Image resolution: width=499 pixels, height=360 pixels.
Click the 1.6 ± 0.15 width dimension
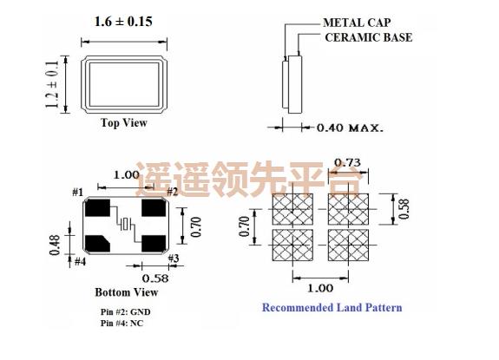click(x=122, y=21)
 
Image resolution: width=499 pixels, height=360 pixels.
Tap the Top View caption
click(x=123, y=123)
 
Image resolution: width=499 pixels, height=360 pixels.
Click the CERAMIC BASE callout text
click(x=368, y=37)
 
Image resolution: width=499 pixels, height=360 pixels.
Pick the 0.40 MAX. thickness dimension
click(x=350, y=128)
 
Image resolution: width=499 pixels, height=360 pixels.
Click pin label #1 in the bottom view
click(x=77, y=192)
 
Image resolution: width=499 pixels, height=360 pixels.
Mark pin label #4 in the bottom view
click(x=79, y=261)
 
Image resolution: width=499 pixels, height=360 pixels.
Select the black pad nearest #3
click(x=154, y=242)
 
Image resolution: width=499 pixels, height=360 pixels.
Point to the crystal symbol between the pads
click(x=126, y=226)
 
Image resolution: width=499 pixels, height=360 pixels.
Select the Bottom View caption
click(x=126, y=292)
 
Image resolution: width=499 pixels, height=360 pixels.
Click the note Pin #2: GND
click(x=127, y=311)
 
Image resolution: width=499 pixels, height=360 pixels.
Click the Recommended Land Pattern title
click(x=332, y=307)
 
